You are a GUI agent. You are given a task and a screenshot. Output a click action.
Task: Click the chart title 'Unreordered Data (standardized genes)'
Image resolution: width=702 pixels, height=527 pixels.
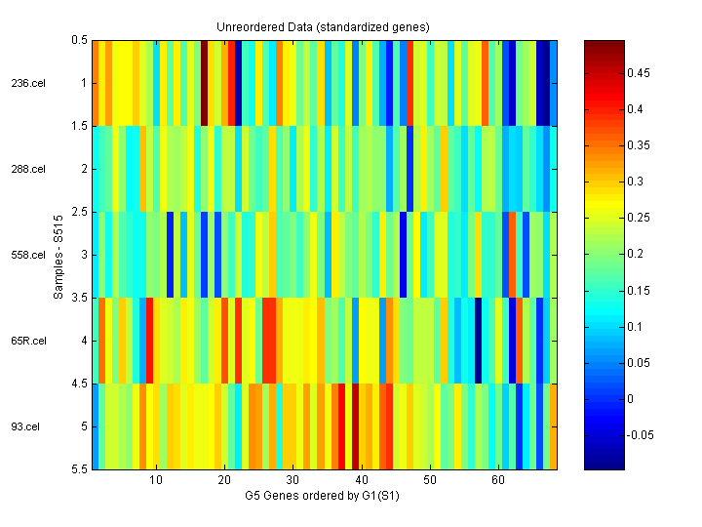[323, 26]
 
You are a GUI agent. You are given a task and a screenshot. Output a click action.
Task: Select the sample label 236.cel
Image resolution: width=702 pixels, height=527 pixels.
[28, 83]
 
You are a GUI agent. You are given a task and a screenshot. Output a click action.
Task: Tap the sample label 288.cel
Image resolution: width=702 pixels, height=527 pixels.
[28, 169]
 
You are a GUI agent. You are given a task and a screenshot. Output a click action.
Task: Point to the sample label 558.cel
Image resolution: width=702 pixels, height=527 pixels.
[28, 255]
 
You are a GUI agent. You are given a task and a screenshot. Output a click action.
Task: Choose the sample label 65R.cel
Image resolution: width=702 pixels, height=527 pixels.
[28, 341]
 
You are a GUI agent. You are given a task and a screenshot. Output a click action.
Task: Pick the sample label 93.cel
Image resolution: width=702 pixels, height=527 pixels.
[26, 426]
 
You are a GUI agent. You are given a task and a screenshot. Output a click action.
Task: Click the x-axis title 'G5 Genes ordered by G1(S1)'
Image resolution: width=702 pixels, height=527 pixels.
[323, 496]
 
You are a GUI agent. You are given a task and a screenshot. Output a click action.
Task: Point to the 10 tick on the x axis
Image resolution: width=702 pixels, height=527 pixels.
[156, 481]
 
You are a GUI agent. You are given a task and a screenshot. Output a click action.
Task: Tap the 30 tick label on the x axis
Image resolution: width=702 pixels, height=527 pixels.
[292, 481]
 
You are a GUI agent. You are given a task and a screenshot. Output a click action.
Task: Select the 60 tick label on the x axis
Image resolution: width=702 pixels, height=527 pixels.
[498, 481]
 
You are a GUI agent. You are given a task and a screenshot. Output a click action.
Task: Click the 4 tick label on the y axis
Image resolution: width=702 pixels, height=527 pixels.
[85, 341]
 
